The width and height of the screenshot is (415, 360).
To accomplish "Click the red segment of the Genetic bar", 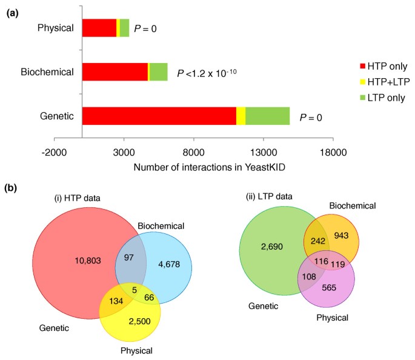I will point(159,116).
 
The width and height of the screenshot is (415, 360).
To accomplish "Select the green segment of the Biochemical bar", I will point(159,72).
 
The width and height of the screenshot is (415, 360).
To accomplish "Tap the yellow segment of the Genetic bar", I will point(241,116).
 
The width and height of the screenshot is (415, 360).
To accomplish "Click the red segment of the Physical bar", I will point(99,28).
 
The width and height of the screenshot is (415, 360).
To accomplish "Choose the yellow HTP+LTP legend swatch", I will point(363,81).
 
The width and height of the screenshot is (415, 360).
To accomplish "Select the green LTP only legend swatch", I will point(363,97).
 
